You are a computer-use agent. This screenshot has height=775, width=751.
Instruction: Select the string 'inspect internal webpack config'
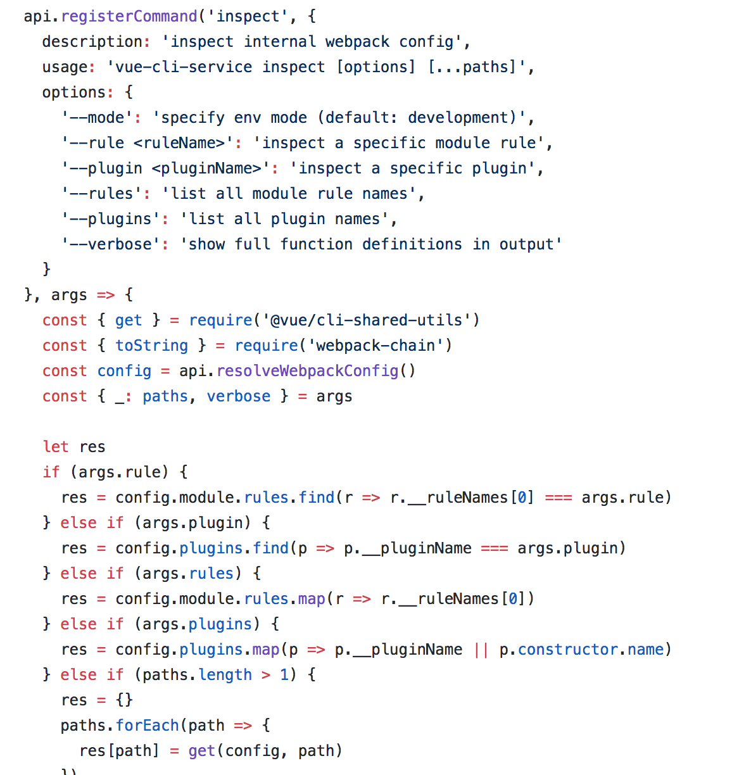312,42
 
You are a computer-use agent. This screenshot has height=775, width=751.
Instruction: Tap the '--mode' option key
97,118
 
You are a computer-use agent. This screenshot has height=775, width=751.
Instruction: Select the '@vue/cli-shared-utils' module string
367,320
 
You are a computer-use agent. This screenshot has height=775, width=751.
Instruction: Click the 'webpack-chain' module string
376,346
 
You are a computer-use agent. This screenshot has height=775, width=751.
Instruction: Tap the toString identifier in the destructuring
151,346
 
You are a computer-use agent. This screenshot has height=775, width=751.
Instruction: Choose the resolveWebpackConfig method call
307,371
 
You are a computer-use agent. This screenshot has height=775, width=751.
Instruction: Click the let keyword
56,447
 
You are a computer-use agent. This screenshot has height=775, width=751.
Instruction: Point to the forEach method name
148,726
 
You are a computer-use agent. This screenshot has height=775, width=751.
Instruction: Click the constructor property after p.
567,650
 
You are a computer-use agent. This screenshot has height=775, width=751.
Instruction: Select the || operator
481,650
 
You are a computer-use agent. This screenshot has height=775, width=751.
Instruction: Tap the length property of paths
225,675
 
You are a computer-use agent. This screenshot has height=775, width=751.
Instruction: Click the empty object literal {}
124,700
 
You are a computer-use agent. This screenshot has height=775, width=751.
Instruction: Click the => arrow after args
106,295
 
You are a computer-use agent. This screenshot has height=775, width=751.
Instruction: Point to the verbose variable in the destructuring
239,396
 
